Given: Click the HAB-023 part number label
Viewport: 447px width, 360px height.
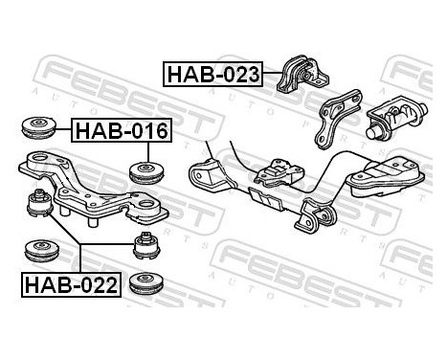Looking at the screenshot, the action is pos(212,74).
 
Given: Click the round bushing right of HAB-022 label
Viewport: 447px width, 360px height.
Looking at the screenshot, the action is pos(146,284).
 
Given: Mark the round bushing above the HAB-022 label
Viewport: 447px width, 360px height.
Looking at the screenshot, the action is pos(42,248).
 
